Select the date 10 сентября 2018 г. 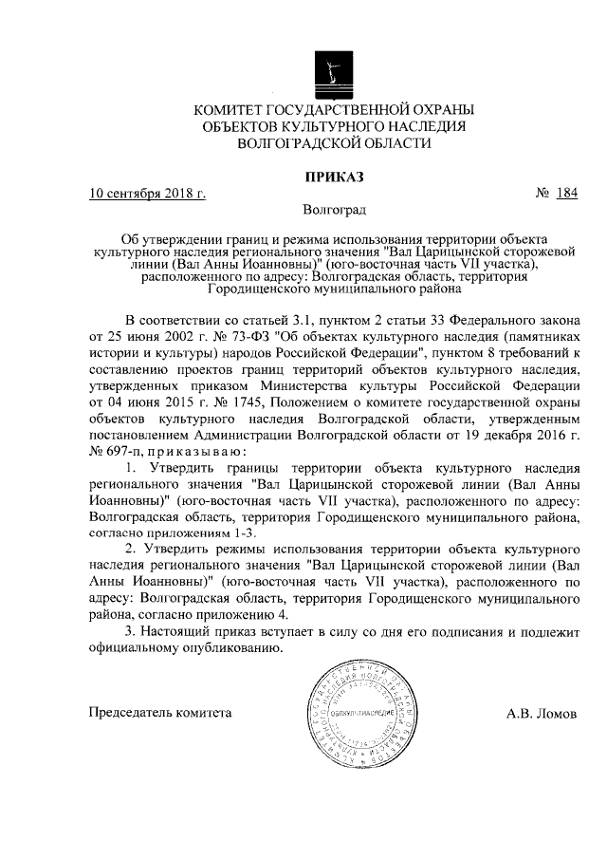pos(147,195)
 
